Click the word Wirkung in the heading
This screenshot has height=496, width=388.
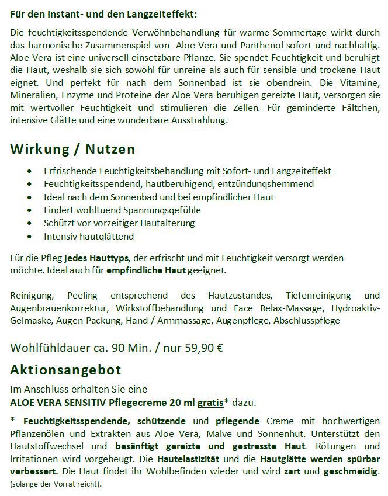pos(38,149)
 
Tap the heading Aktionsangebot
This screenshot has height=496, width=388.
pos(66,370)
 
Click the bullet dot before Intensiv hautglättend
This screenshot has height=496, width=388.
pos(30,237)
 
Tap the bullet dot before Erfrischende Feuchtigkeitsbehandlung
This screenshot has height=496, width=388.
pos(30,171)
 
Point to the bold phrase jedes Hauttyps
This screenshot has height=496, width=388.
pos(97,258)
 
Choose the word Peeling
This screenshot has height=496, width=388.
pos(83,295)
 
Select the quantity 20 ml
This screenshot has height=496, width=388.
pos(175,402)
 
